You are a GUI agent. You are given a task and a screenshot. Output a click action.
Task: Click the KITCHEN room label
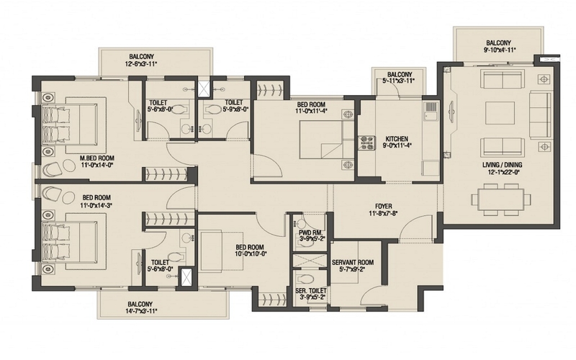(x=397, y=139)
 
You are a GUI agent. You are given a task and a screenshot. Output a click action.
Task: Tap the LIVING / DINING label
(x=502, y=165)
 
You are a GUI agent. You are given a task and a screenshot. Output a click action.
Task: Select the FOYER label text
(x=384, y=207)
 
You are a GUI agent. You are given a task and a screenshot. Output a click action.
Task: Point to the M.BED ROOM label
(x=97, y=158)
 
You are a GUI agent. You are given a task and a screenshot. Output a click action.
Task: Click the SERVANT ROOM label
(x=353, y=262)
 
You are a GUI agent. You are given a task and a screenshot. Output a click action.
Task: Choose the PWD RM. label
(x=311, y=233)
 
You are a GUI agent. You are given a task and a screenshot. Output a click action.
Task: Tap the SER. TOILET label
(x=311, y=291)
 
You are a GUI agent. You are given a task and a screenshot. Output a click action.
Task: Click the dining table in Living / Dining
(x=501, y=199)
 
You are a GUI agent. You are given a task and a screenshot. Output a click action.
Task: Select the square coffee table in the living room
(x=500, y=113)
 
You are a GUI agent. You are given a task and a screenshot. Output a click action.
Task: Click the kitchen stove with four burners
(x=366, y=143)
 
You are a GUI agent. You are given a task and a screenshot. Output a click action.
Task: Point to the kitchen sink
(x=431, y=112)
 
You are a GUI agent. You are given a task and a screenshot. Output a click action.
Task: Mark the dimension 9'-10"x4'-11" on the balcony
(x=499, y=50)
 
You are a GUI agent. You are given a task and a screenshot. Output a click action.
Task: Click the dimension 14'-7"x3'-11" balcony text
(x=141, y=311)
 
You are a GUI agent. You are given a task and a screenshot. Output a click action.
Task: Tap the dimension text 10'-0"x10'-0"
(x=251, y=253)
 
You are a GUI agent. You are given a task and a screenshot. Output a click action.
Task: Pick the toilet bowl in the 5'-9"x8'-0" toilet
(x=212, y=110)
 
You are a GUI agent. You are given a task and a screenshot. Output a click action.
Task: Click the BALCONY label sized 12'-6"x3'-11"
(x=141, y=57)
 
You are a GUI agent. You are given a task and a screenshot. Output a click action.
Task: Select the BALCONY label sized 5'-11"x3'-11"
(x=400, y=74)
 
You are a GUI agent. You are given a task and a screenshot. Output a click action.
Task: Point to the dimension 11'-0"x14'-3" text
(x=96, y=204)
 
